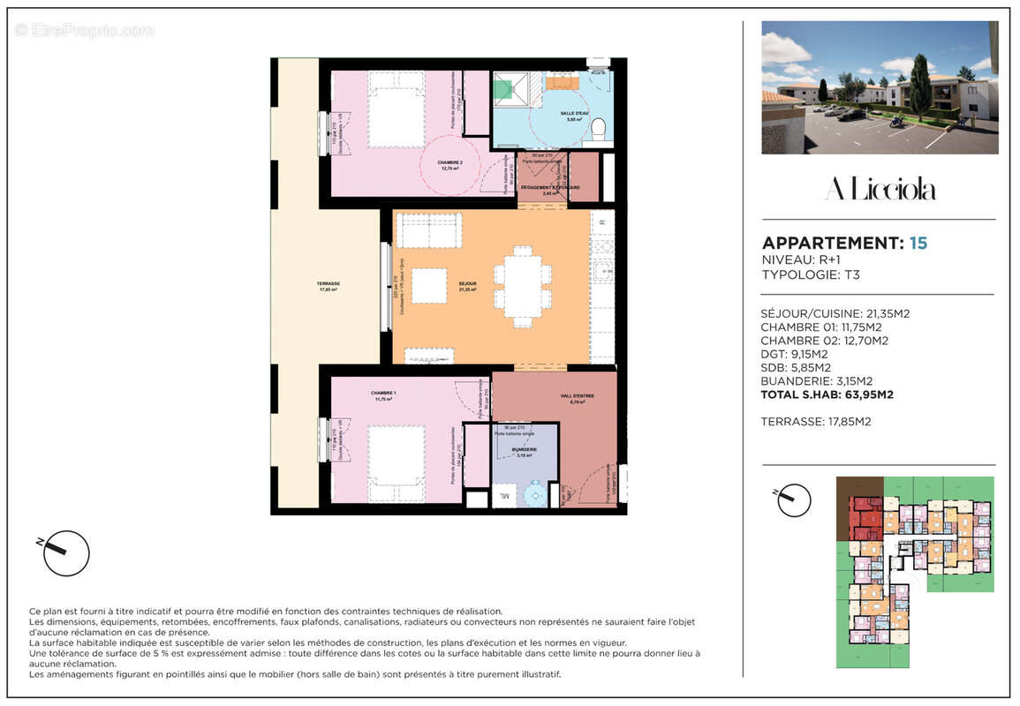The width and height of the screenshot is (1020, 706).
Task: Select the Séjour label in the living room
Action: [x=467, y=285]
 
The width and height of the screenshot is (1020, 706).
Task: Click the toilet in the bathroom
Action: [x=598, y=130]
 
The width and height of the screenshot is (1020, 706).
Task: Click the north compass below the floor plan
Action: [x=65, y=553]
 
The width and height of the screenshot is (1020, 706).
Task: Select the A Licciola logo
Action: [x=880, y=189]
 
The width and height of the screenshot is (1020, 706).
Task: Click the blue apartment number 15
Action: [x=918, y=243]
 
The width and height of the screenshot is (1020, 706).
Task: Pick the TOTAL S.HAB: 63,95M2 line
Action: [x=827, y=395]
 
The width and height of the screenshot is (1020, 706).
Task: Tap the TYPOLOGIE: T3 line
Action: [x=810, y=274]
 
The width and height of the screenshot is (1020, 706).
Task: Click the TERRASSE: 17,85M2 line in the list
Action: [x=815, y=422]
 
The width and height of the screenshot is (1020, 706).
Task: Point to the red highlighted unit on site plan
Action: [x=865, y=517]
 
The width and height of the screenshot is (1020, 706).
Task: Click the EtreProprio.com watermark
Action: [x=85, y=30]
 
